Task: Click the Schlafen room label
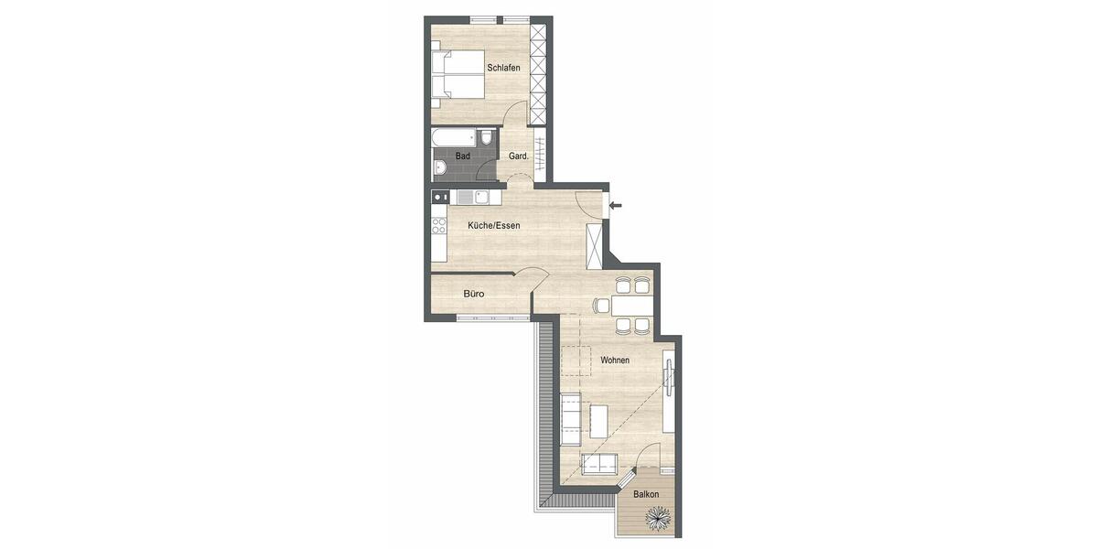coord(503,69)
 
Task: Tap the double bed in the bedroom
coord(457,73)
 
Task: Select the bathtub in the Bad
coord(455,138)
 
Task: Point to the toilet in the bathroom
coord(487,138)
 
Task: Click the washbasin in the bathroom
coord(440,167)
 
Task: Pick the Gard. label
coord(518,156)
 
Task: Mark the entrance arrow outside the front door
coord(616,205)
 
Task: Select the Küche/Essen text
coord(493,225)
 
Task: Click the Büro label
coord(473,294)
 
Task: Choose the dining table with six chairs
coord(632,305)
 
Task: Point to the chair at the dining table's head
coord(601,306)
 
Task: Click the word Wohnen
coord(614,361)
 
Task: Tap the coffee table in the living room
coord(599,421)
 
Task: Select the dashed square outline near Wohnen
coord(576,360)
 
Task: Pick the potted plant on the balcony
coord(659,520)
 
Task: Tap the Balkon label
coord(646,494)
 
